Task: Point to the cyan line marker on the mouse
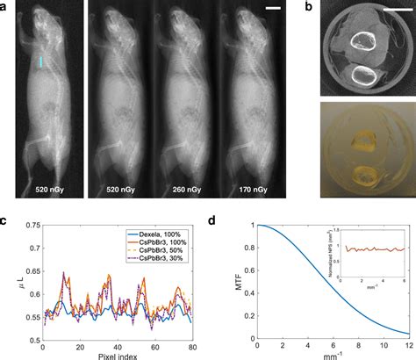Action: [40, 61]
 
